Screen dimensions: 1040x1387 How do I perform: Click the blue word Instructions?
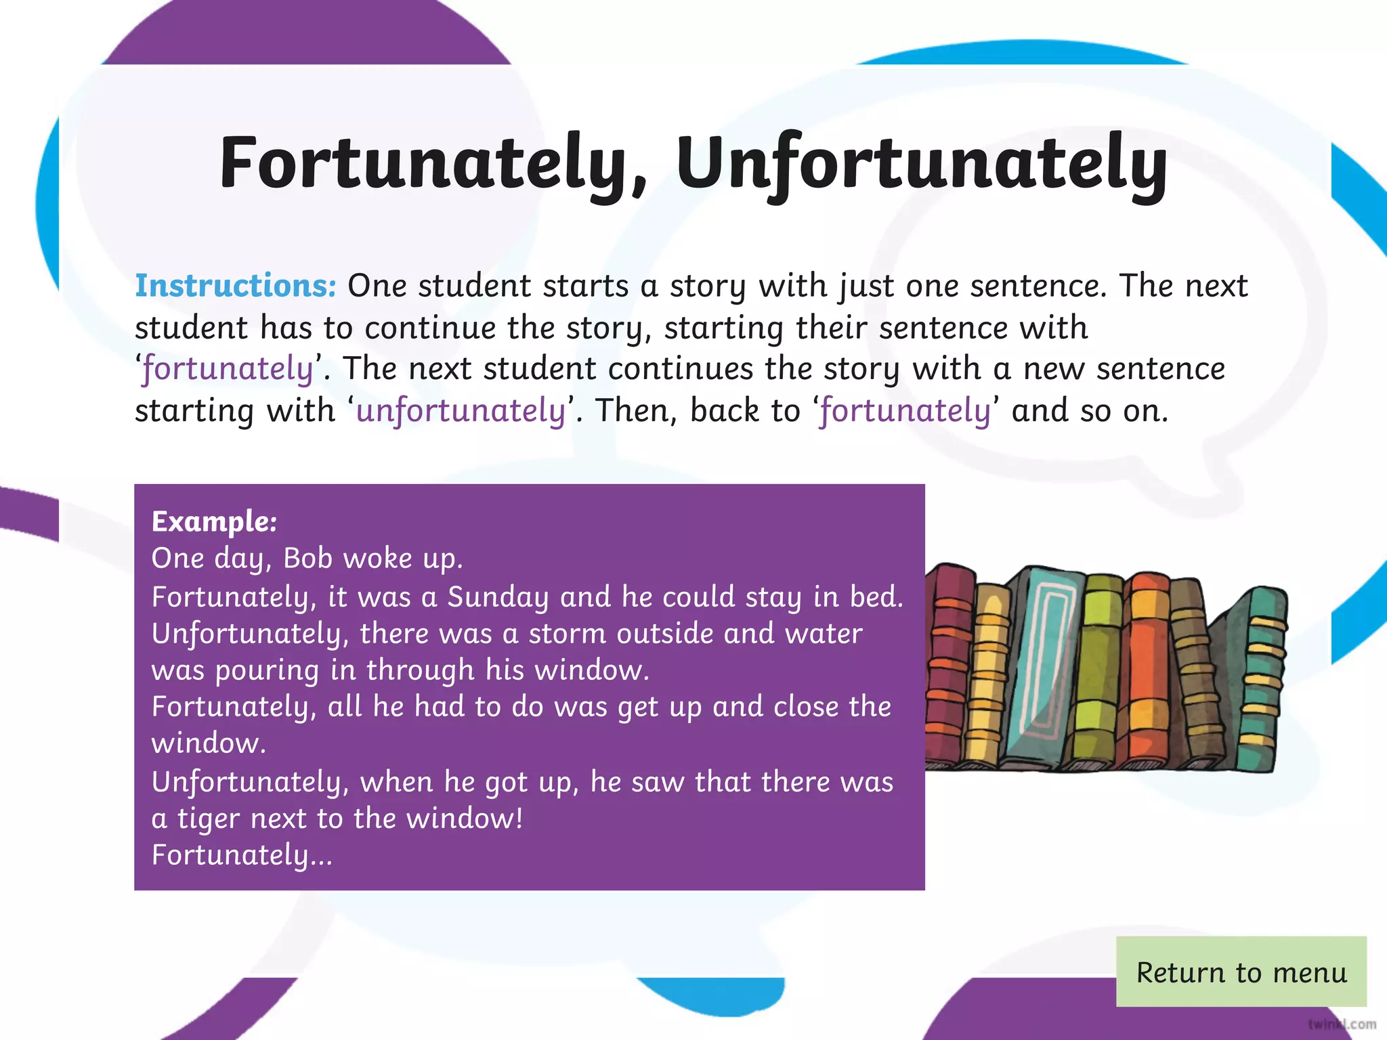(x=236, y=286)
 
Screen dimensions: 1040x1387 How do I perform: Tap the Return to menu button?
(x=1241, y=972)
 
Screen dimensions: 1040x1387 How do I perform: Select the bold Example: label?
(x=214, y=521)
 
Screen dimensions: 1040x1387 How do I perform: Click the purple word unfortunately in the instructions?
(x=461, y=411)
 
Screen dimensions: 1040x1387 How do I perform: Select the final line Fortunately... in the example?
(x=242, y=855)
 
